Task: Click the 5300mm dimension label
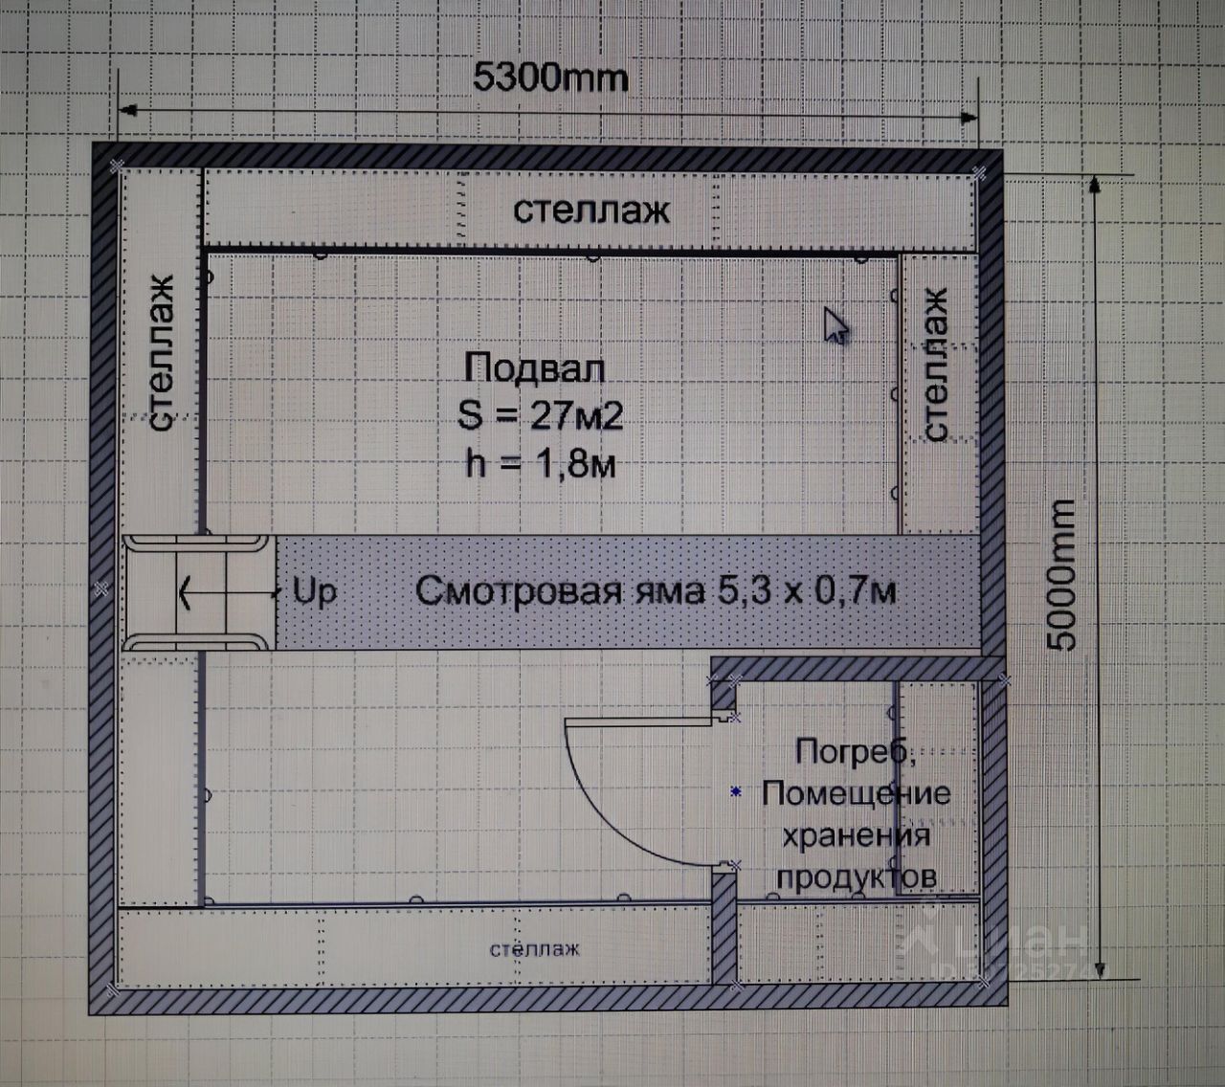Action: coord(550,78)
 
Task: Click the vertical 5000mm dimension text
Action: coord(1061,575)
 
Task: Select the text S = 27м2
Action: coord(540,416)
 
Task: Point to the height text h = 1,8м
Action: coord(541,464)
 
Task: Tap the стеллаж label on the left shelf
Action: coord(161,352)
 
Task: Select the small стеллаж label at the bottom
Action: coord(534,948)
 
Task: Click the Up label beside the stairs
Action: coord(315,592)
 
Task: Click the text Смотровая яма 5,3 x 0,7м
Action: coord(656,590)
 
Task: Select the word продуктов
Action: coord(857,876)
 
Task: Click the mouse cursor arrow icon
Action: coord(835,324)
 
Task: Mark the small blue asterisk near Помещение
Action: coord(736,791)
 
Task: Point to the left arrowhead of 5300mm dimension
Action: coord(128,110)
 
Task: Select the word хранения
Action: coord(857,836)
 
